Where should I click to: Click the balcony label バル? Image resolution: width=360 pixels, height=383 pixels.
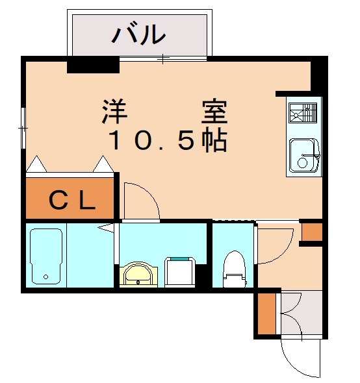[x=138, y=34]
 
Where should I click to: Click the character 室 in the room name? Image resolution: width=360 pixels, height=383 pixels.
[x=212, y=112]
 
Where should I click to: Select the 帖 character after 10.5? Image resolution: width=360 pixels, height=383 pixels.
[x=212, y=140]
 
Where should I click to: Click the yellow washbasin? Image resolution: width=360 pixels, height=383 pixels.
[x=138, y=274]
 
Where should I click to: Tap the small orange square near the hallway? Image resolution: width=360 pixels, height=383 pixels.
[x=311, y=232]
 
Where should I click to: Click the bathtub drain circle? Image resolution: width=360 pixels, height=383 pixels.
[x=45, y=277]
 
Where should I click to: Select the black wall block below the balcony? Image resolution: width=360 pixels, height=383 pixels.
[x=93, y=65]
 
